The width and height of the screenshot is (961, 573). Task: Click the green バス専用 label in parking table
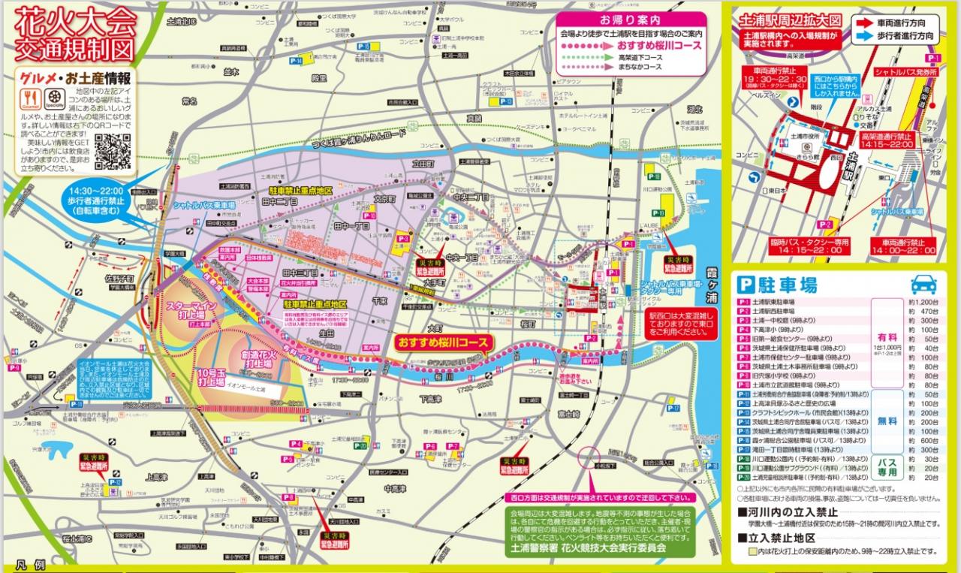tap(887, 466)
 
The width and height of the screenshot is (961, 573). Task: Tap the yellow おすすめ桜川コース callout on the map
tap(443, 342)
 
